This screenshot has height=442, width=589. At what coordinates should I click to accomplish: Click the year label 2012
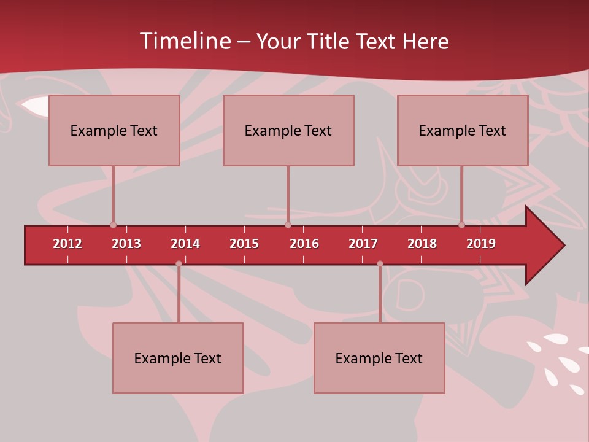(67, 244)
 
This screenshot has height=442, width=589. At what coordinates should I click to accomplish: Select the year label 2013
(126, 244)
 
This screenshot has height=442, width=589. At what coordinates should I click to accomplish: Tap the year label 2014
(185, 244)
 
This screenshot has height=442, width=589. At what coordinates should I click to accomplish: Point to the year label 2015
(244, 244)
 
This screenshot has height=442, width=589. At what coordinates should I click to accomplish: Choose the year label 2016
(304, 244)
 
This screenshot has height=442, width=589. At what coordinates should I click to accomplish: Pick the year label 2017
(363, 244)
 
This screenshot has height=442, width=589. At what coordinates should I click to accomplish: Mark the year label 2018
(422, 244)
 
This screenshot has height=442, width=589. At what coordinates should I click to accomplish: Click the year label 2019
(481, 244)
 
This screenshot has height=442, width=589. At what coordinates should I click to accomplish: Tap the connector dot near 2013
(113, 225)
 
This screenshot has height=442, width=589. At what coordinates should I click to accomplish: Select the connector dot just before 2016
(288, 225)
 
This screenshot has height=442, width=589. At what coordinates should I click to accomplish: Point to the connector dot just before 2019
(461, 225)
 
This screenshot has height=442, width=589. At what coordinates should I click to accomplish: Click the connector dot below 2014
(179, 264)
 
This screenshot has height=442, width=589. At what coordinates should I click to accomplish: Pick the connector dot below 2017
(380, 264)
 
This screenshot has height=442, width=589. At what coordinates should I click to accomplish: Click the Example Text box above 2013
(114, 130)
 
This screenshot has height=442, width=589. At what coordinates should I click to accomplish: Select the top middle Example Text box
(288, 130)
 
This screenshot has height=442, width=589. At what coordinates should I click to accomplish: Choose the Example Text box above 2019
(463, 130)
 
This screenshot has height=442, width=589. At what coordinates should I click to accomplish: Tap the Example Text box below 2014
(178, 358)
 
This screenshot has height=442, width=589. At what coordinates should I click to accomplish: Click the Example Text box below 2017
(379, 358)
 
